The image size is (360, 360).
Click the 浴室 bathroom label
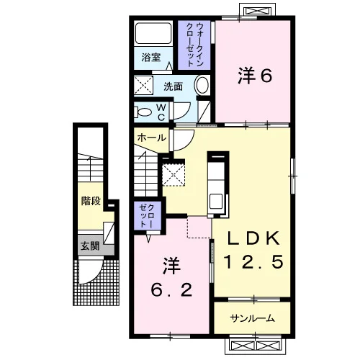coord(151,57)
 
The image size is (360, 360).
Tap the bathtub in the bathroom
coord(153,33)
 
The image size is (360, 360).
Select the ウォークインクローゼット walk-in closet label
coord(194,45)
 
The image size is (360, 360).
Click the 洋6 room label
coord(255,76)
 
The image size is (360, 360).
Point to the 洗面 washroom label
coord(173,86)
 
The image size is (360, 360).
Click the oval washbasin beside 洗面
coord(202,86)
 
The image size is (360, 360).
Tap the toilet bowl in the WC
coord(143,112)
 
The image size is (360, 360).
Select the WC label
coord(161,112)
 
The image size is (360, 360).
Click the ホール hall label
coord(152,138)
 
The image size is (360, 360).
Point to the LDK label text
coord(253,238)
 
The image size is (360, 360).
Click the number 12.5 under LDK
coord(253,261)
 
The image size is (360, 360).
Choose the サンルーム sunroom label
coord(252,318)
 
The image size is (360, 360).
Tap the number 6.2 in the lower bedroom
coord(171,289)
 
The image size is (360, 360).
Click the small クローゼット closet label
coord(147,215)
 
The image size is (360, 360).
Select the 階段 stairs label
coord(91,201)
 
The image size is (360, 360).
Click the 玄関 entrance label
coord(90,246)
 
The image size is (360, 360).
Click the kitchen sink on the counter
coord(216,201)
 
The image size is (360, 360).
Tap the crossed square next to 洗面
coord(143,85)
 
